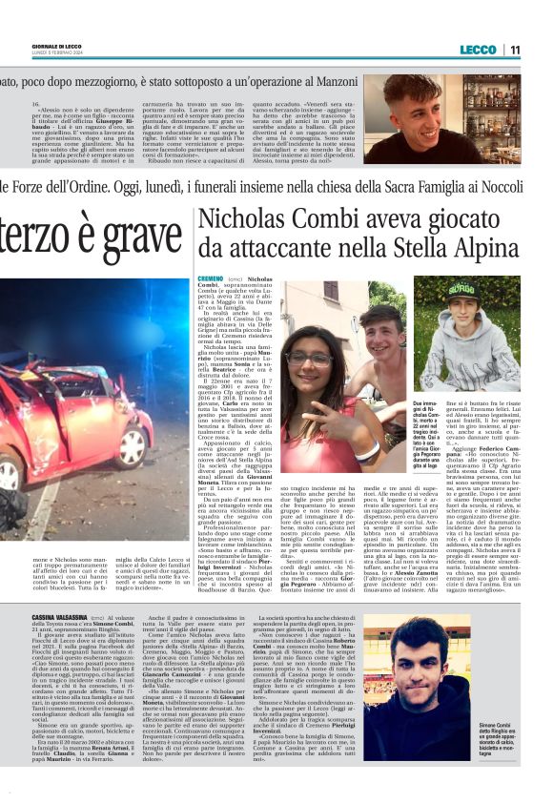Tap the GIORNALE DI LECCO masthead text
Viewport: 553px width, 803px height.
point(27,47)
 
